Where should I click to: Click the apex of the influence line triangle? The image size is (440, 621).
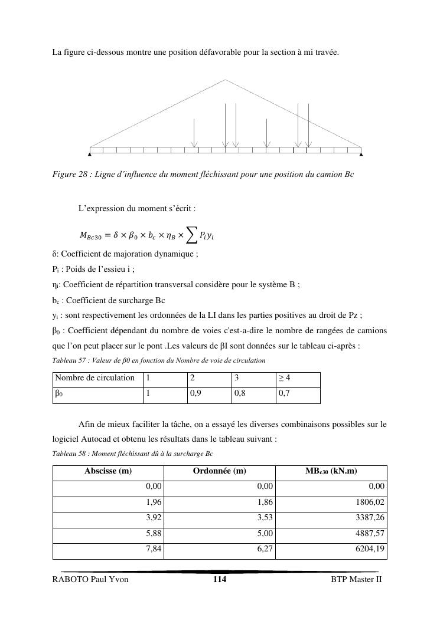point(226,80)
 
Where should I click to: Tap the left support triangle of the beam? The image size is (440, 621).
point(90,155)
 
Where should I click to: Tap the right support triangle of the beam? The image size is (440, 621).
point(361,155)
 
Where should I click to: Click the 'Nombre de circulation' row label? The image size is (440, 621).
point(94,378)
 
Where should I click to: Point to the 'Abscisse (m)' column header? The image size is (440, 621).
point(108,471)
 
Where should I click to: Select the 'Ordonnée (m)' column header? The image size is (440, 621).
point(219,471)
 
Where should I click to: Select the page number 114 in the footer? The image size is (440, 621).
point(220,580)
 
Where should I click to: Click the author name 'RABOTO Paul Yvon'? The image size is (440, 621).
point(90,580)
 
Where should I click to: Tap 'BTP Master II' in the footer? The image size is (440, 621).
point(357,580)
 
